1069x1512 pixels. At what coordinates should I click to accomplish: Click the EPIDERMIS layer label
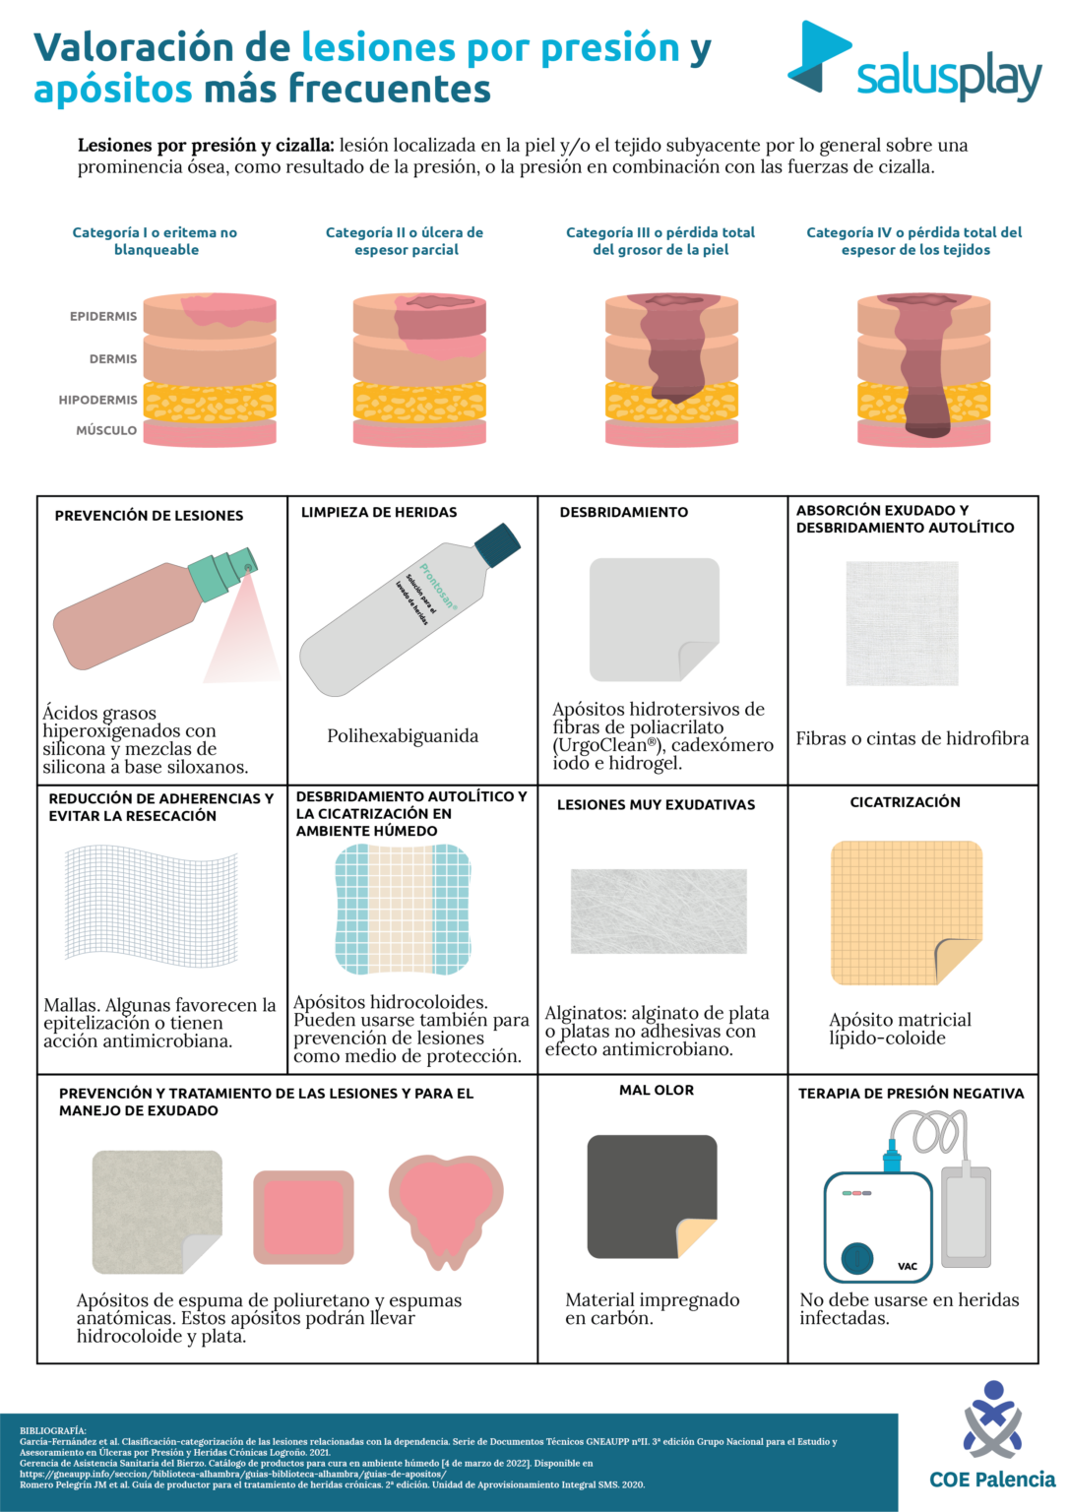(103, 316)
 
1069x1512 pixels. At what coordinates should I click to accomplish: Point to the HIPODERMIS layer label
(97, 400)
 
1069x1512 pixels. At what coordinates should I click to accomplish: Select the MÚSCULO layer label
(106, 430)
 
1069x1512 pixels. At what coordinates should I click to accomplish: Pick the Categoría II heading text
(405, 241)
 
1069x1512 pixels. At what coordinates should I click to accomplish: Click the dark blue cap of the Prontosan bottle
(497, 545)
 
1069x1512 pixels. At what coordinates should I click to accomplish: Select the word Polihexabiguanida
(403, 736)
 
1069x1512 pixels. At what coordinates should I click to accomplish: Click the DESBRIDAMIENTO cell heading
(624, 512)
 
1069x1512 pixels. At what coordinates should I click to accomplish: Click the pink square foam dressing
(303, 1218)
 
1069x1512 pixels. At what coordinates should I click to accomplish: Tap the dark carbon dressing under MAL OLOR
(650, 1195)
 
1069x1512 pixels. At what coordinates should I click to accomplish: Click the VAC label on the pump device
(908, 1266)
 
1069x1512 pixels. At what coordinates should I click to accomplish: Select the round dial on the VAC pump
(857, 1258)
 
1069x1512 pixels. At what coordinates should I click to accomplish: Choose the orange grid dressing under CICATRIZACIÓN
(906, 912)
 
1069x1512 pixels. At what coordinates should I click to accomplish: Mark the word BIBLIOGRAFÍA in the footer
(53, 1430)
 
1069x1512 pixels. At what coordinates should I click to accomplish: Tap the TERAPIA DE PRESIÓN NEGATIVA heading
(911, 1094)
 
